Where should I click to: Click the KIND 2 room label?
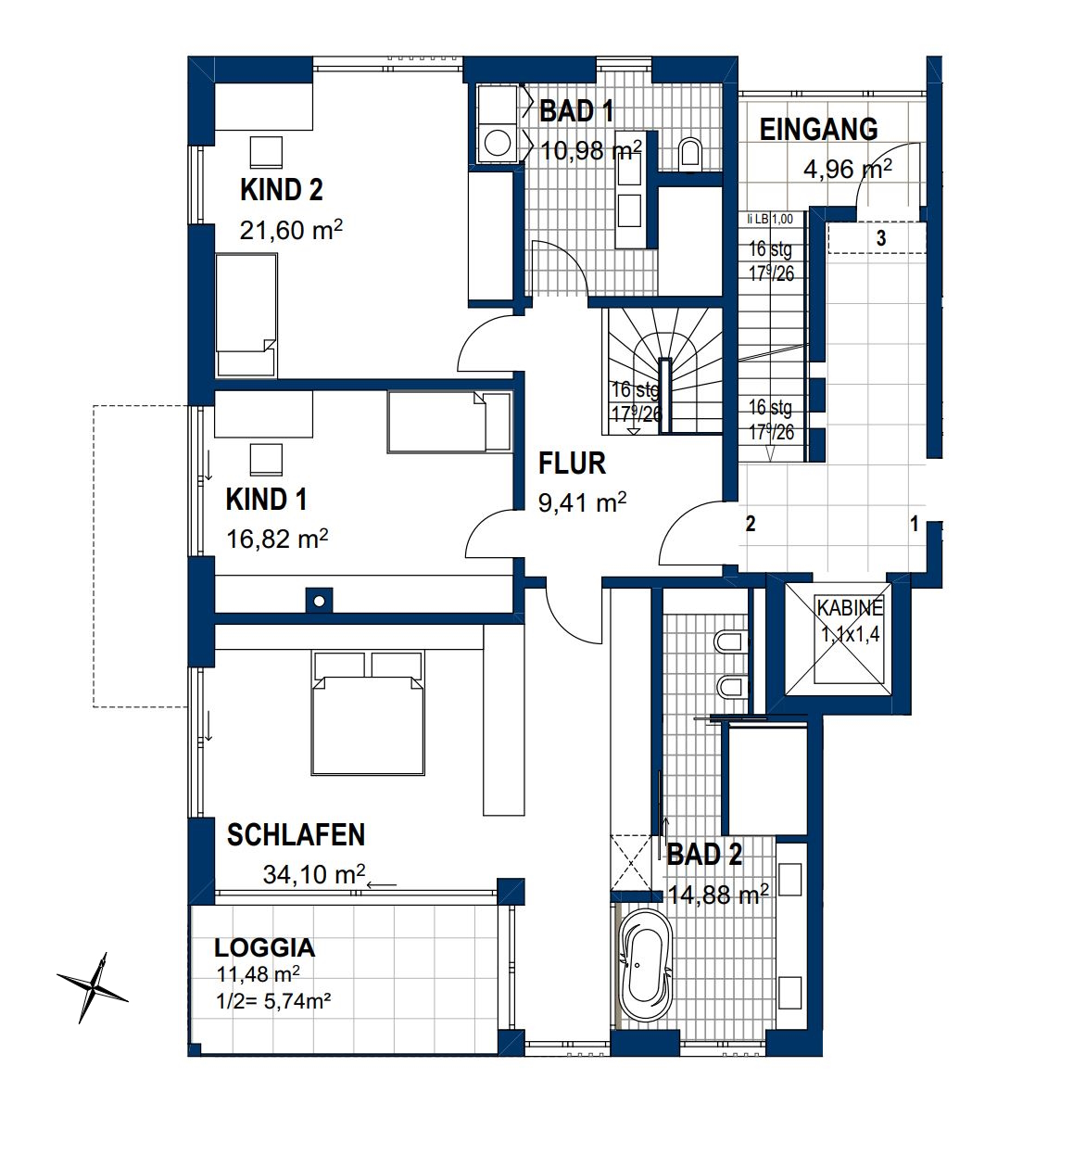[281, 190]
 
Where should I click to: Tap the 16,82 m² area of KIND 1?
[277, 539]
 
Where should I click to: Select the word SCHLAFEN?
[296, 835]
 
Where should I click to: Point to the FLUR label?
[572, 463]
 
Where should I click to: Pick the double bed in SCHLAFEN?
[368, 713]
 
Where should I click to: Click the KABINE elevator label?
[850, 608]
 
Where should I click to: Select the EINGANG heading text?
[818, 129]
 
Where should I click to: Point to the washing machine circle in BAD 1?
[498, 143]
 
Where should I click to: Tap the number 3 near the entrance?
[881, 238]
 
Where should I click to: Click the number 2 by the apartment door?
[751, 524]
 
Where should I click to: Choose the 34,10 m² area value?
[314, 874]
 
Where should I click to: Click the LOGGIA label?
[265, 948]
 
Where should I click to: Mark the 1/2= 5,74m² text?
[273, 1001]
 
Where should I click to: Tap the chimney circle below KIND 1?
[319, 602]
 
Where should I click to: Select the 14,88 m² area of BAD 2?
[718, 895]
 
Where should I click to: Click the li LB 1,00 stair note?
[770, 219]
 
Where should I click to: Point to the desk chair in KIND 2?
[266, 153]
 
